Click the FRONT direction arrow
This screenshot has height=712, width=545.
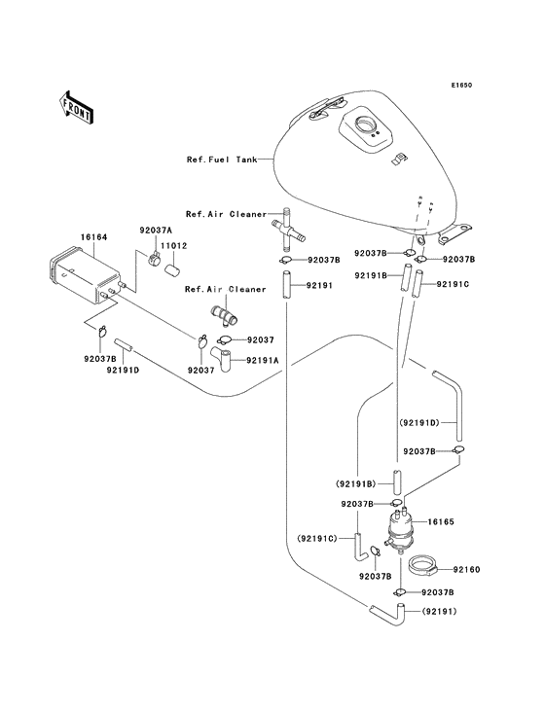76,106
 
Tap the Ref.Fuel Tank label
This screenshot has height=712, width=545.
222,159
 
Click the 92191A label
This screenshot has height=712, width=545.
262,360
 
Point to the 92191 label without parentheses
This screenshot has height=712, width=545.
320,286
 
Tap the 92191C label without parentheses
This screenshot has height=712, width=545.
453,284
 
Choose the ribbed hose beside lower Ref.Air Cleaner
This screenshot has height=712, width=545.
223,318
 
